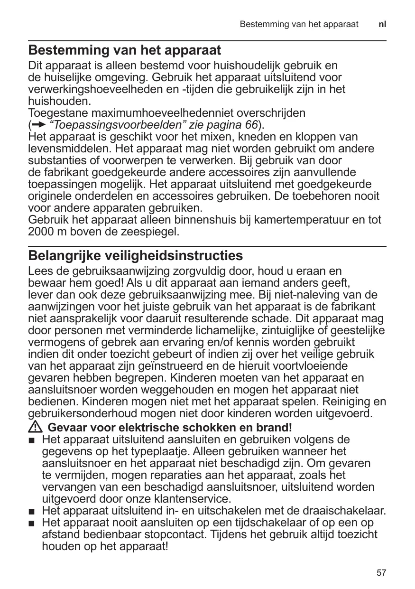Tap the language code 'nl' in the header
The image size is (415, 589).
pos(382,24)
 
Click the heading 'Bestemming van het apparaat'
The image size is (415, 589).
pos(125,50)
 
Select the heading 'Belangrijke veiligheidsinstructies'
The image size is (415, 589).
pos(136,256)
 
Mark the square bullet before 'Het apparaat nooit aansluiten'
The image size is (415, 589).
pos(32,524)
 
